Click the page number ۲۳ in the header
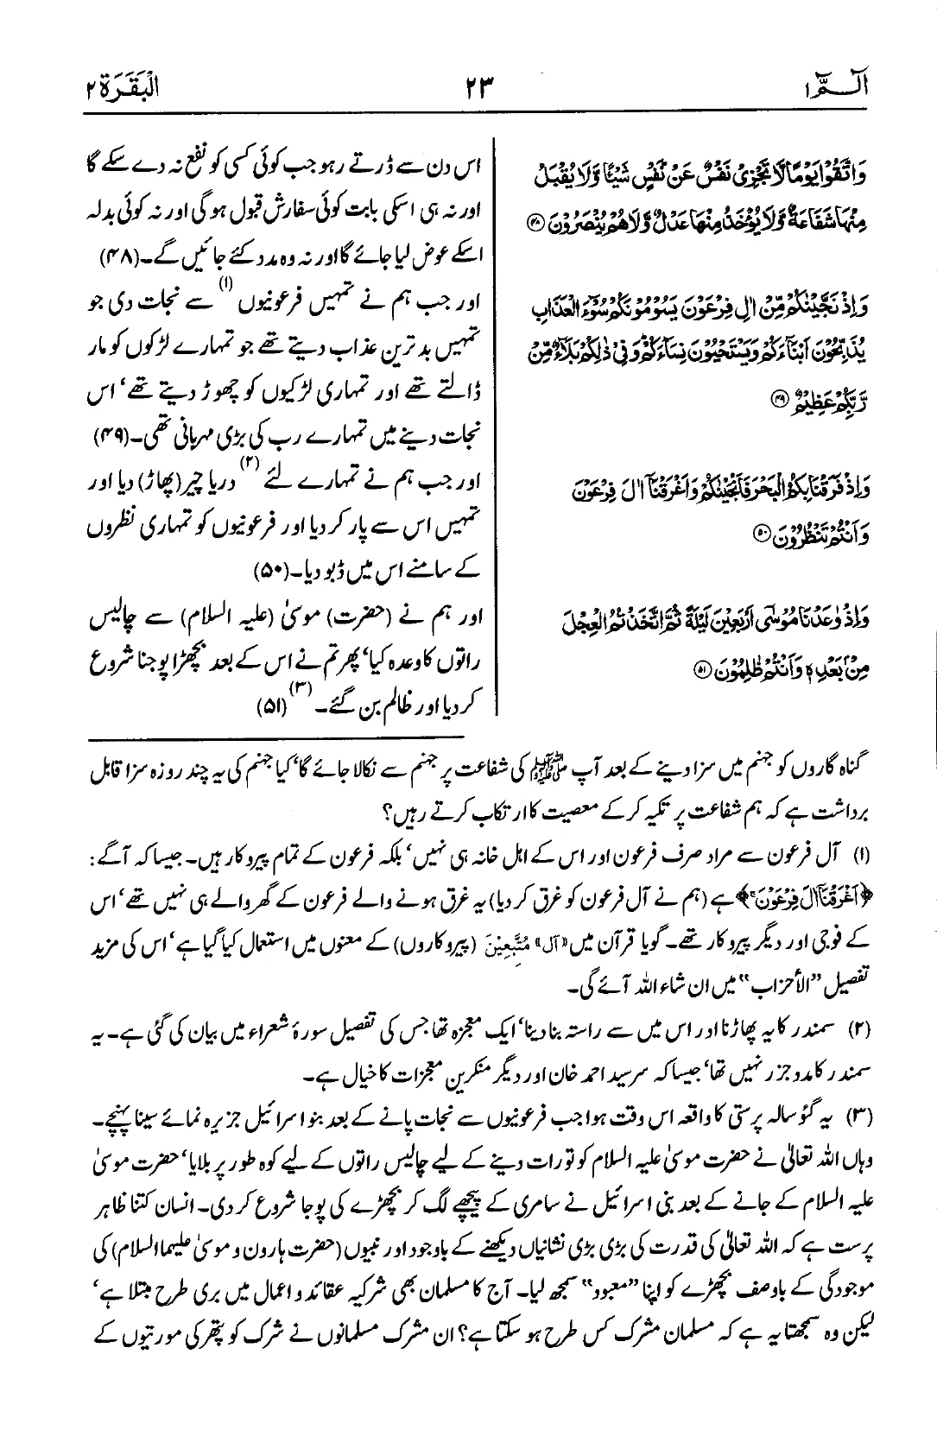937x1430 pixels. click(x=473, y=87)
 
